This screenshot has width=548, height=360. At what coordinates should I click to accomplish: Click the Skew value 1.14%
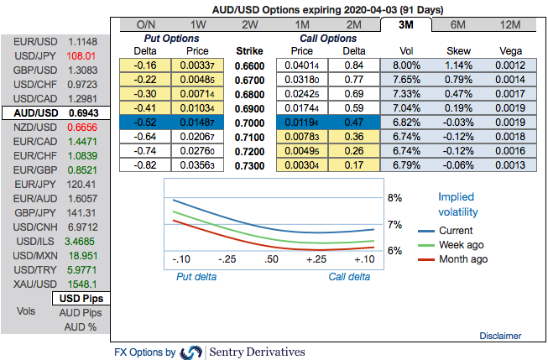(458, 65)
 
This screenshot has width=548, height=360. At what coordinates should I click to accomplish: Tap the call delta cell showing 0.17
(354, 165)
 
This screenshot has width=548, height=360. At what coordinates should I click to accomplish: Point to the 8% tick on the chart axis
(394, 199)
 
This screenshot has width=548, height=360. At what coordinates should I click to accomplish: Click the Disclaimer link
(500, 336)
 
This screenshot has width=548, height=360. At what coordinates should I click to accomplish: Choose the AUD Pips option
(81, 312)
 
